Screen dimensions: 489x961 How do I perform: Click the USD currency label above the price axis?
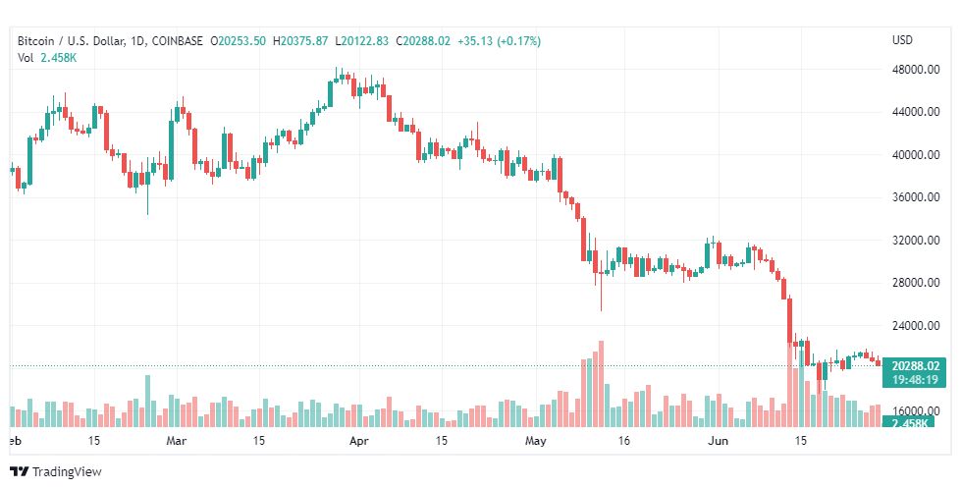tap(902, 40)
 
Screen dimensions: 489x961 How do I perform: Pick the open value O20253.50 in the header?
tap(240, 41)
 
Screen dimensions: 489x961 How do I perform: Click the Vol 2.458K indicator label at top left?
tap(47, 58)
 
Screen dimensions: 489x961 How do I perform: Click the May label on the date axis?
tap(535, 441)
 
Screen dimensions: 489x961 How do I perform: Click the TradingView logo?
tap(57, 472)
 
